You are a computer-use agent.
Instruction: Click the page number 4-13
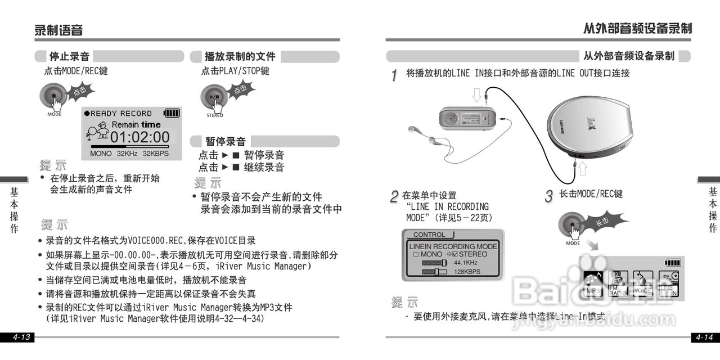(21, 337)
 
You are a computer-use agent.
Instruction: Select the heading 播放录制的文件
(240, 56)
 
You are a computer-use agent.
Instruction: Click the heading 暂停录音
(225, 141)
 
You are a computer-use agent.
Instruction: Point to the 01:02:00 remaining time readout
(139, 137)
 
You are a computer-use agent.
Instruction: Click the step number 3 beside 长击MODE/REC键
(549, 196)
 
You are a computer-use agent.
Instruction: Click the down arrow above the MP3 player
(477, 94)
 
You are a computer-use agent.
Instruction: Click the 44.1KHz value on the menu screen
(466, 263)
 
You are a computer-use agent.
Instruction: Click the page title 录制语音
(58, 30)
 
